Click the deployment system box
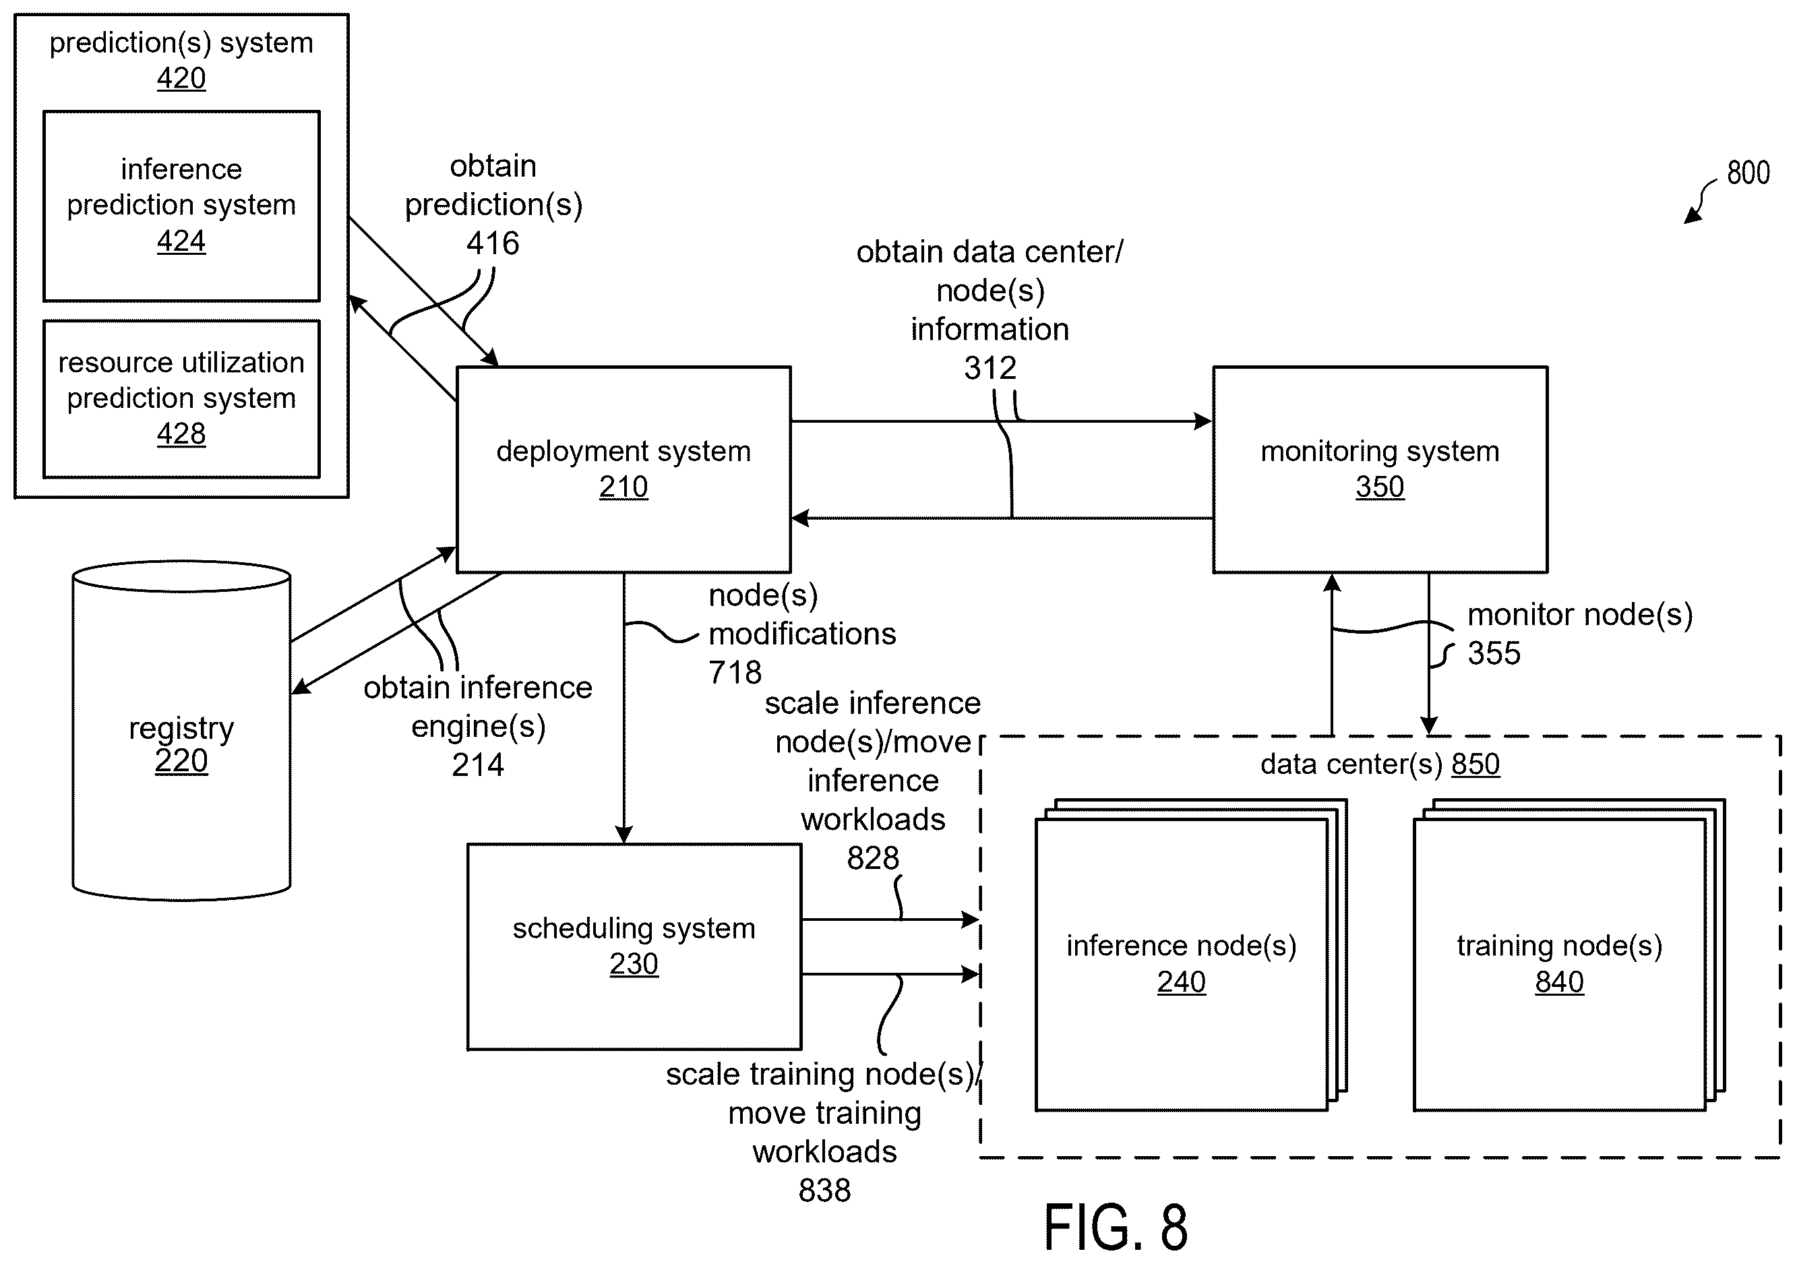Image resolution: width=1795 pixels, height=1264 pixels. coord(623,469)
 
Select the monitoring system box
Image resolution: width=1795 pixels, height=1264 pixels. coord(1380,469)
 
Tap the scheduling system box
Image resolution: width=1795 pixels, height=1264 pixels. coord(634,946)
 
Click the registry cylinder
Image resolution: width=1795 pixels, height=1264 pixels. coord(181,730)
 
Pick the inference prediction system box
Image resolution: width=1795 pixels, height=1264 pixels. coord(181,206)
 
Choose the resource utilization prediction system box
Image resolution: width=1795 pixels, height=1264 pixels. coord(181,398)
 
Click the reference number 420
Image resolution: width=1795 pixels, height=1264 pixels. coord(181,78)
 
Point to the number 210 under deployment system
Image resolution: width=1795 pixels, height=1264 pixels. coord(623,486)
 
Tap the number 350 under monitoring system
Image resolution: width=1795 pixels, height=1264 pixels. coord(1380,486)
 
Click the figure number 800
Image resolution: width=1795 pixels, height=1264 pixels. coord(1748,173)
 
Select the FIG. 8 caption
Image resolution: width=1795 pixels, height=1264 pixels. coord(1116,1228)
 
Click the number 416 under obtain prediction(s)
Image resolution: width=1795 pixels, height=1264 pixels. coord(493,243)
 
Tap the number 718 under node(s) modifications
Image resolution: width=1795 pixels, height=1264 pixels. coord(735,672)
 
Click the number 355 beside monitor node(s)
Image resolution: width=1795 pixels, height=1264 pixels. coord(1494,653)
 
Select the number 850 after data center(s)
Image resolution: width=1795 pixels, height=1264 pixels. coord(1475,764)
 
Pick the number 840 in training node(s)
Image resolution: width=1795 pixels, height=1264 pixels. coord(1559,982)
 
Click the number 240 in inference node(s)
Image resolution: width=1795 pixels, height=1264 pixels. coord(1182,982)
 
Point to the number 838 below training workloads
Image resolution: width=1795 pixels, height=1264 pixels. coord(825,1191)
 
